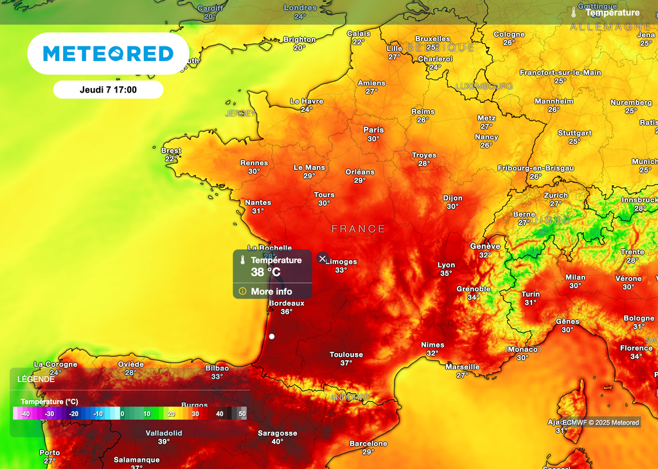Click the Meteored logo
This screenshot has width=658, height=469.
coord(108,53)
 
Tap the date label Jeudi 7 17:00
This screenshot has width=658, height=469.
coord(108,90)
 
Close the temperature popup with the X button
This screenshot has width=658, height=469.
coord(323,259)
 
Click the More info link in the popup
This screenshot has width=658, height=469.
coord(271,291)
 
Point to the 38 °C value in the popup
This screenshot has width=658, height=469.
coord(265,272)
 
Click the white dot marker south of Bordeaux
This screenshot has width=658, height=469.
coord(272,336)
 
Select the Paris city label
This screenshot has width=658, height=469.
coord(373,130)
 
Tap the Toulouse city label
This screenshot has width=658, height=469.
coord(346,354)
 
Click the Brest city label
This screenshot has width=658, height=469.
coord(171,151)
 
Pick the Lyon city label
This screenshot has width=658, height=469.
coord(446,265)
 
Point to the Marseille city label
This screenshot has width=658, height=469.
coord(463,367)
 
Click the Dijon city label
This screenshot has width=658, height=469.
coord(452,198)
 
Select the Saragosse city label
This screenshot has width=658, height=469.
coord(278,433)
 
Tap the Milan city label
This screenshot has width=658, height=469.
coord(575,277)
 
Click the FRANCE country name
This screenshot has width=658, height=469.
coord(359,229)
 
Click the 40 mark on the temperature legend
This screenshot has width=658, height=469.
coord(220,414)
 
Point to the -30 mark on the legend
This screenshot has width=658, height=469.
coord(49,414)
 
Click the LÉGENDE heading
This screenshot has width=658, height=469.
coord(36,380)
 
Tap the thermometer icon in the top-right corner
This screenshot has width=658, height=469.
coord(574,12)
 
